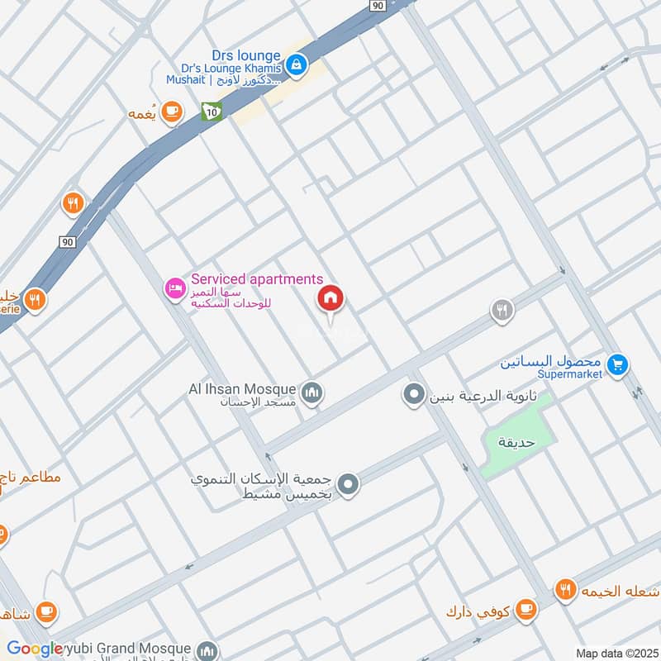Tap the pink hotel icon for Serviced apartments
tap(174, 289)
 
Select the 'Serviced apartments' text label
tap(257, 280)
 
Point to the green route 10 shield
tap(212, 111)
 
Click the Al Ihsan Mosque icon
tap(311, 392)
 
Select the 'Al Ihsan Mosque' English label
tap(241, 388)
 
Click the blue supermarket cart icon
tap(616, 364)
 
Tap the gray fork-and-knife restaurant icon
tap(501, 311)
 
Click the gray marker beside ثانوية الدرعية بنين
tap(412, 395)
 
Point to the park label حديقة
tap(517, 442)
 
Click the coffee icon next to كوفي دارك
tap(524, 611)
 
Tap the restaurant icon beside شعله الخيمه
tap(565, 590)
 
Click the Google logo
tap(35, 649)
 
